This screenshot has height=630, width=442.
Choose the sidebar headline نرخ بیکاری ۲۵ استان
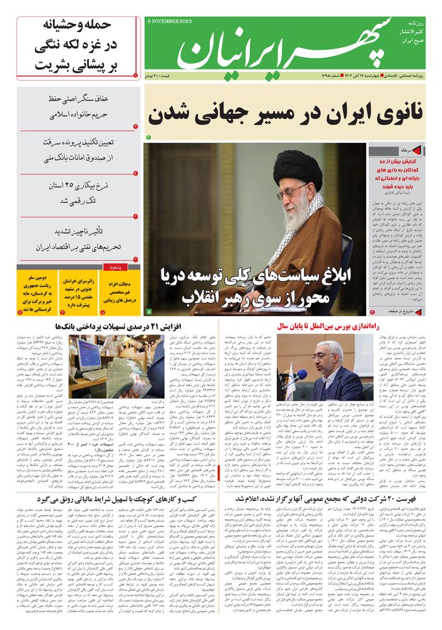click(x=79, y=193)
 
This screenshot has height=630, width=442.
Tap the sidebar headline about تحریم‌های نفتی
click(x=79, y=239)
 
